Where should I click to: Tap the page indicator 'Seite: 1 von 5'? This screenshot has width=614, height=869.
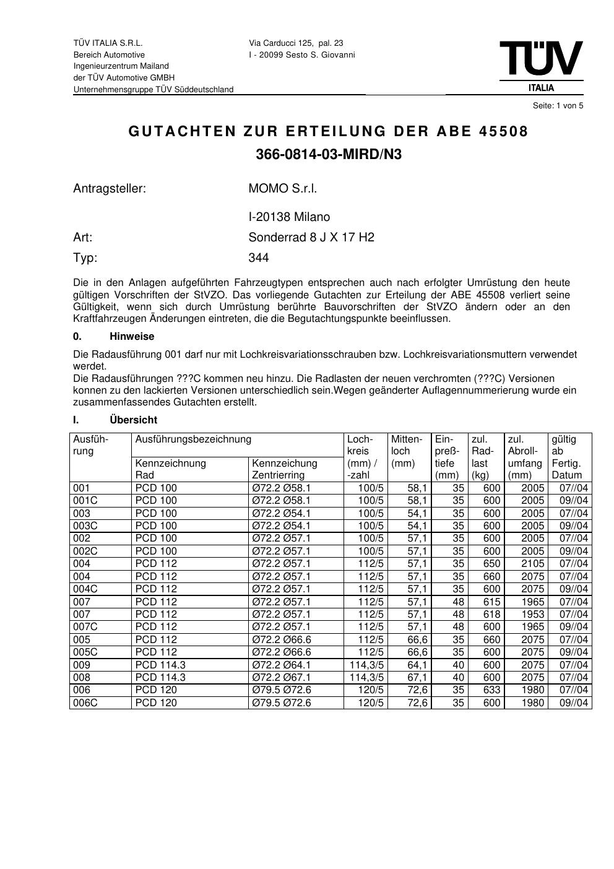pyautogui.click(x=558, y=106)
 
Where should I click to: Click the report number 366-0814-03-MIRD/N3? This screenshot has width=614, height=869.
pyautogui.click(x=329, y=155)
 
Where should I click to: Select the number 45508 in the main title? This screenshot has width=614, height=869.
pyautogui.click(x=504, y=132)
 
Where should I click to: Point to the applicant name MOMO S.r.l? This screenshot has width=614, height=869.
pyautogui.click(x=282, y=189)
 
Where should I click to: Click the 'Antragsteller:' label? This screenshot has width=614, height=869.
pyautogui.click(x=110, y=189)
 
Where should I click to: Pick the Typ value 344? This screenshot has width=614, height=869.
pyautogui.click(x=259, y=258)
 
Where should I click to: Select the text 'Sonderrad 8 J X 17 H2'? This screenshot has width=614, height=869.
pyautogui.click(x=311, y=238)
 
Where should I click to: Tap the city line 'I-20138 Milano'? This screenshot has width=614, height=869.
pyautogui.click(x=289, y=217)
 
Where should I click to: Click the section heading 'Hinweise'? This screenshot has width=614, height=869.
pyautogui.click(x=132, y=337)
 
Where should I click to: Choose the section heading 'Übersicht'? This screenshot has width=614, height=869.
pyautogui.click(x=133, y=420)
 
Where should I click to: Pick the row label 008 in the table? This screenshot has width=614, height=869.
pyautogui.click(x=82, y=678)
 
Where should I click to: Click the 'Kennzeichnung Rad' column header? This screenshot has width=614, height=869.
pyautogui.click(x=170, y=469)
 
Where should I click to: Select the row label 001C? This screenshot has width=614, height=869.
pyautogui.click(x=85, y=501)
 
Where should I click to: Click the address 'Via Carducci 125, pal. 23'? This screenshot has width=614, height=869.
pyautogui.click(x=296, y=43)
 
